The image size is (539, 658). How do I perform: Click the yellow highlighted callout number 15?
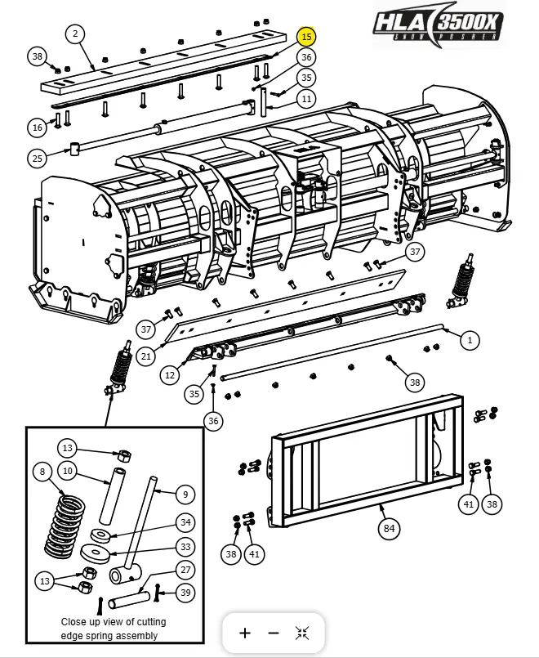tap(306, 37)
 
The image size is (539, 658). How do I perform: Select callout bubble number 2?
tap(75, 34)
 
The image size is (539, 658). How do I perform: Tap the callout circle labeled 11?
tap(306, 99)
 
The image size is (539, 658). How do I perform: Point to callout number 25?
tap(37, 158)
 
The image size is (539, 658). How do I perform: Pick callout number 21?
tap(146, 356)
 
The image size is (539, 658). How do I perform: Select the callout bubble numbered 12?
tap(170, 375)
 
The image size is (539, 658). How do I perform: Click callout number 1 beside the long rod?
tap(470, 339)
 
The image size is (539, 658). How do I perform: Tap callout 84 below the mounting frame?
tap(389, 529)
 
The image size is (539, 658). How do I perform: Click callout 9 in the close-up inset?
tap(185, 494)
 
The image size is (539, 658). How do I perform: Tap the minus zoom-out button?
tap(274, 633)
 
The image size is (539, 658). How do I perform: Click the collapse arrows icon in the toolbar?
tap(302, 633)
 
